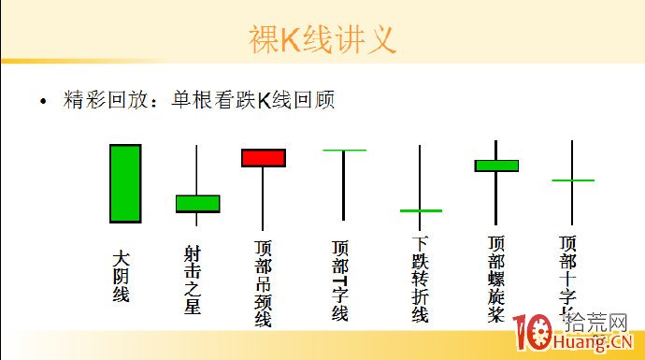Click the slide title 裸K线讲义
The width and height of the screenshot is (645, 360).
pos(322,39)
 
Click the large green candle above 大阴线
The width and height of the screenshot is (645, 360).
pos(125,183)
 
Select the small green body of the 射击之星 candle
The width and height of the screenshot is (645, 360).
pos(197,203)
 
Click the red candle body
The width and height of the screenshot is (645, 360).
pos(263,157)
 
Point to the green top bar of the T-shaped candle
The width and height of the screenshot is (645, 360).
pos(344,150)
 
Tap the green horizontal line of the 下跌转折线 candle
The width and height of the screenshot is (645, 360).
pos(421,210)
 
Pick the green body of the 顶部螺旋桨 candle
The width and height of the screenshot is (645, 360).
pos(495,166)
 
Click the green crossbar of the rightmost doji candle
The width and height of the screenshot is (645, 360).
pos(573,180)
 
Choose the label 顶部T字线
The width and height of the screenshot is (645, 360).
pos(340,281)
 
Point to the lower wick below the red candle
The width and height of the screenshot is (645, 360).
pos(263,197)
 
